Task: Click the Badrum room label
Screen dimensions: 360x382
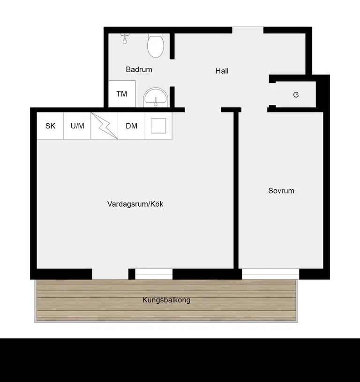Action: pyautogui.click(x=139, y=69)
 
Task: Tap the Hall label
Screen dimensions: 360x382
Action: pyautogui.click(x=222, y=71)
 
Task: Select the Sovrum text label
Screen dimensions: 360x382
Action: pyautogui.click(x=281, y=190)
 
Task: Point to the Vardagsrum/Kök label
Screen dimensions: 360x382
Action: pyautogui.click(x=135, y=204)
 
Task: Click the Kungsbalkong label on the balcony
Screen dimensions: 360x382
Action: pyautogui.click(x=166, y=300)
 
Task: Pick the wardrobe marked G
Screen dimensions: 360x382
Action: pyautogui.click(x=296, y=94)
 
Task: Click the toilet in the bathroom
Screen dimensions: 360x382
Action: pyautogui.click(x=156, y=45)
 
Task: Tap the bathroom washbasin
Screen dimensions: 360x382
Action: pyautogui.click(x=156, y=97)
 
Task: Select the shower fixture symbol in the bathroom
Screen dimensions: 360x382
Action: pyautogui.click(x=125, y=39)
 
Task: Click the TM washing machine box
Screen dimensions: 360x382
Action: pyautogui.click(x=122, y=94)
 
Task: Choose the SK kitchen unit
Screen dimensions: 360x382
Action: pyautogui.click(x=50, y=126)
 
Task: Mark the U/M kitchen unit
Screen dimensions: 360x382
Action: pyautogui.click(x=77, y=126)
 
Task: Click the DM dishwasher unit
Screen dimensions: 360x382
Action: pyautogui.click(x=132, y=126)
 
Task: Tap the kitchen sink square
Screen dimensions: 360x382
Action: pyautogui.click(x=158, y=126)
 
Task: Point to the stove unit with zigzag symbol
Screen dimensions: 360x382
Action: pyautogui.click(x=105, y=126)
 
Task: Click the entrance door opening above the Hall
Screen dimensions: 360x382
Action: pyautogui.click(x=247, y=30)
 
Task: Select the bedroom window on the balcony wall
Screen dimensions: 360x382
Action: pyautogui.click(x=270, y=274)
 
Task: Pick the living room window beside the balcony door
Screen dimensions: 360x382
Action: pyautogui.click(x=154, y=274)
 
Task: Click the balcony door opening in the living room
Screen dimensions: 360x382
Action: pyautogui.click(x=110, y=274)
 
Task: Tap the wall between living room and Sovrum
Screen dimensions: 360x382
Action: pyautogui.click(x=236, y=190)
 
